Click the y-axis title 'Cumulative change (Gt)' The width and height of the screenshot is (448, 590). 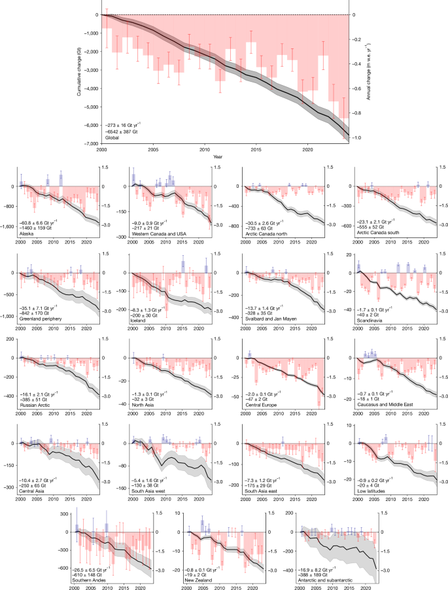point(78,78)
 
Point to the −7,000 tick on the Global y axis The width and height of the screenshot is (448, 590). point(92,144)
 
